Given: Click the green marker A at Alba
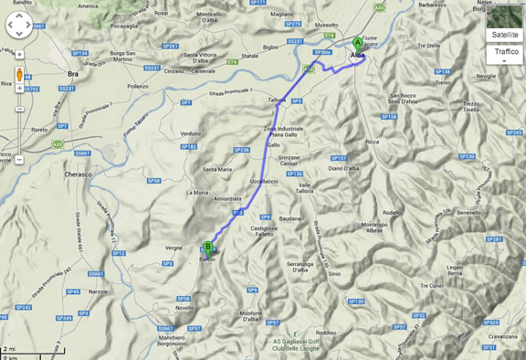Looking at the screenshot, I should click(x=357, y=43).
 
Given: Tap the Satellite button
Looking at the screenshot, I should click(x=505, y=34).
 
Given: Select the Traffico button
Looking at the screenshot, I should click(x=505, y=53).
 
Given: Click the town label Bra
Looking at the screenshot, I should click(x=75, y=74).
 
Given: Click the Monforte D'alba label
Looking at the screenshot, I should click(x=253, y=316).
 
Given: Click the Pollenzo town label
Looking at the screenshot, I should click(x=138, y=85).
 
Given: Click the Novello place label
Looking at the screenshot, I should click(x=185, y=307).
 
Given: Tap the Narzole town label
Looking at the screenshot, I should click(x=98, y=291).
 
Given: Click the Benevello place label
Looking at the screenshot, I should click(x=468, y=212).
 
